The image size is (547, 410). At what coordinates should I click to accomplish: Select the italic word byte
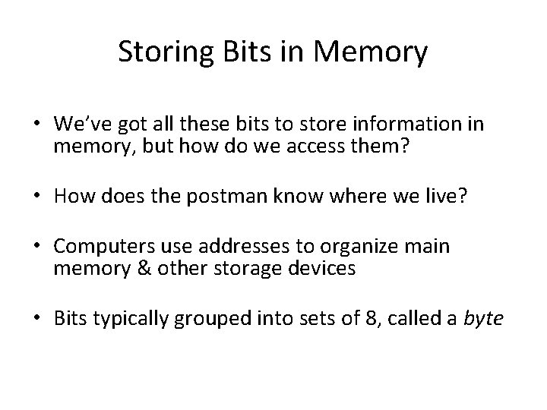coord(483,320)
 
